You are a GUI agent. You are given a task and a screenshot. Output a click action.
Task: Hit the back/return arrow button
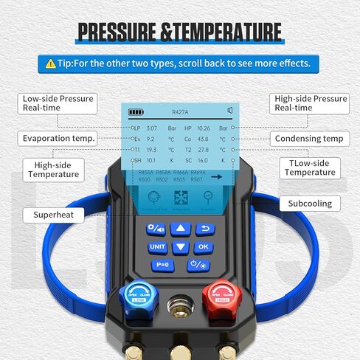[203, 229]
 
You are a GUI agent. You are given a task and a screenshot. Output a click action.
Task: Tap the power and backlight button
[199, 265]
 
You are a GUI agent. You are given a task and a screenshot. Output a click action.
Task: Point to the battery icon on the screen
[137, 112]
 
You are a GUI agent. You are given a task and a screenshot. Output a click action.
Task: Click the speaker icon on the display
[230, 111]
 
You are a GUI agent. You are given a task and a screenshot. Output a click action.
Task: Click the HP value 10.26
[204, 128]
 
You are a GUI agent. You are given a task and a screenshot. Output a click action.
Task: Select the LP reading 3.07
[152, 128]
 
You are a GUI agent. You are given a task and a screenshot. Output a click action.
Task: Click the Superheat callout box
[53, 215]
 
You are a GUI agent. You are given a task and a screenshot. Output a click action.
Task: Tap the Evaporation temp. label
[59, 138]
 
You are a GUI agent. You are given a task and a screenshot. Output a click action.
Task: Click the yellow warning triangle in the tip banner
[50, 63]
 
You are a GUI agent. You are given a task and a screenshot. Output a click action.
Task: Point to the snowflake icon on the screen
[181, 198]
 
